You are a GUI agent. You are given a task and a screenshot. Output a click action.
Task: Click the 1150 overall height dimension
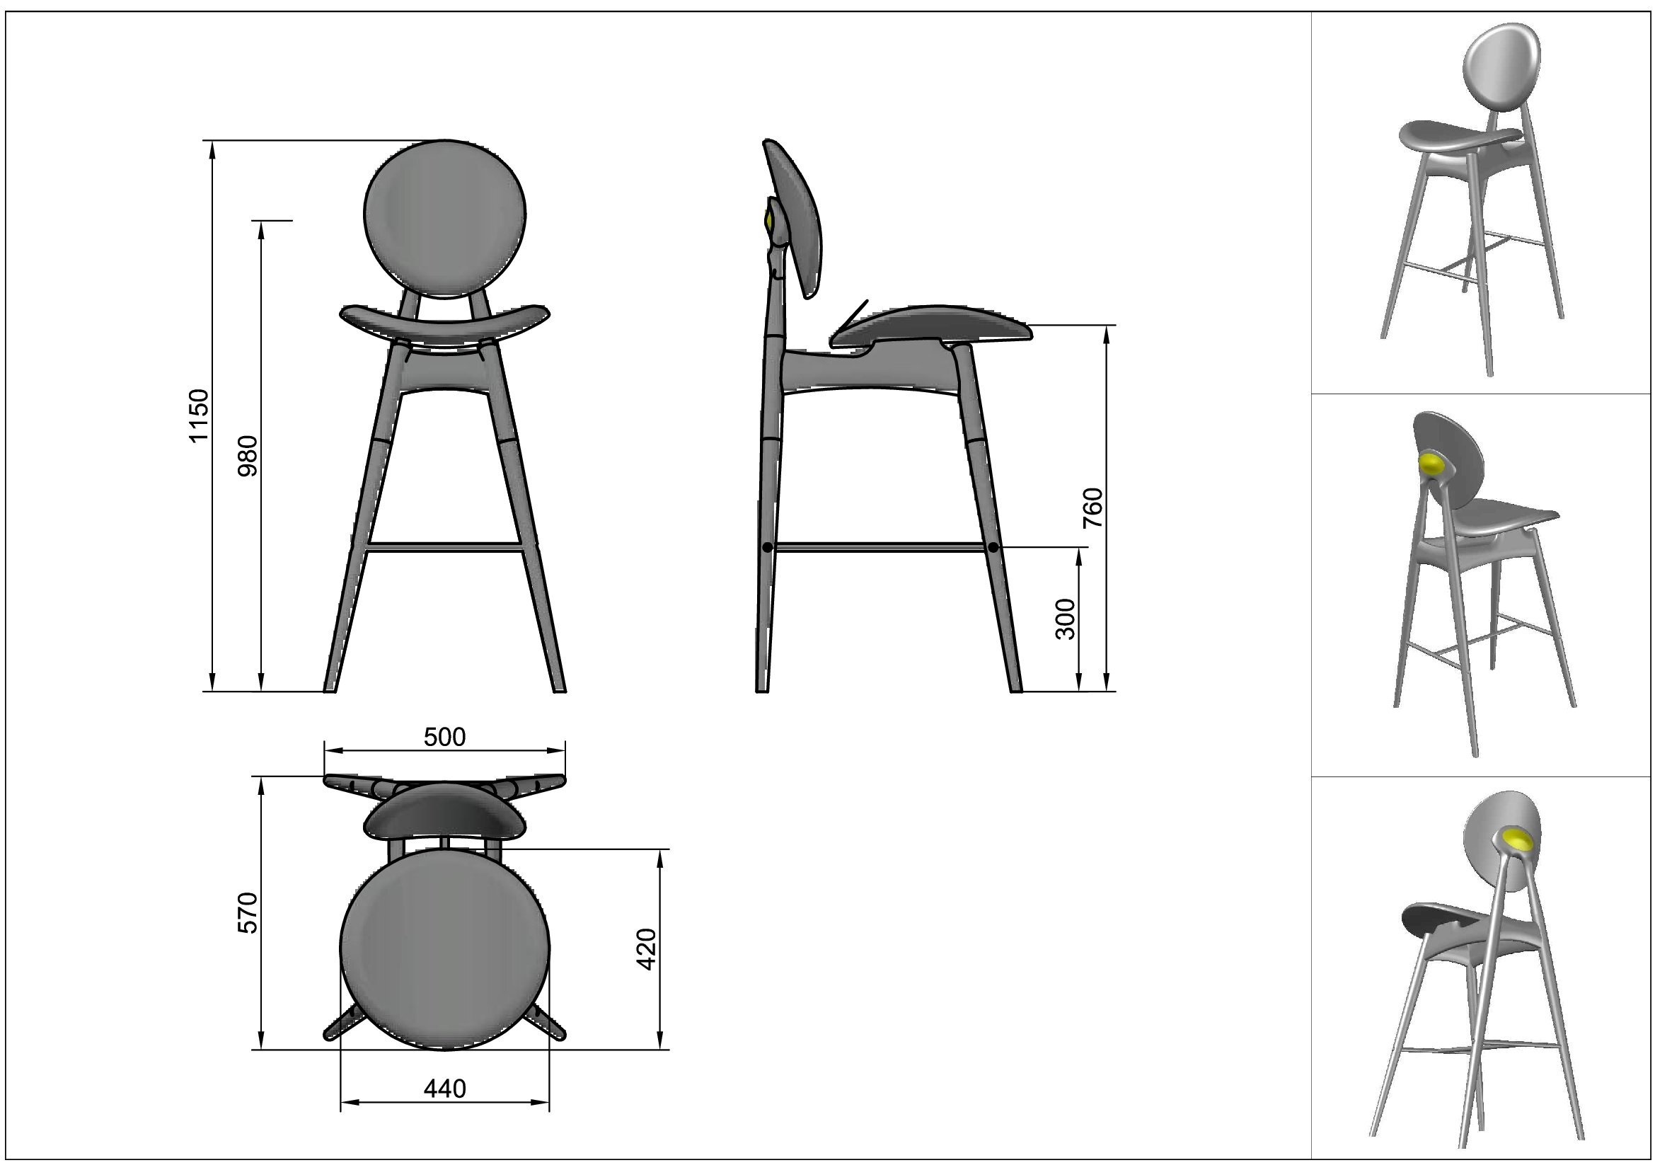(x=198, y=415)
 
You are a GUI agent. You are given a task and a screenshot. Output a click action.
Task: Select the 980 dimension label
(x=247, y=456)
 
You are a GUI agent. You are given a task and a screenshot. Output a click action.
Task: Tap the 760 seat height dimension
(x=1092, y=507)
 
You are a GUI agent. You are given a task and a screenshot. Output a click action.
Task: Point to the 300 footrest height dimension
(x=1065, y=619)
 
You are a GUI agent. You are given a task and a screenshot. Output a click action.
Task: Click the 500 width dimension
(x=445, y=737)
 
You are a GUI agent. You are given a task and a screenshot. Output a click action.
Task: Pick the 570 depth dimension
(x=247, y=912)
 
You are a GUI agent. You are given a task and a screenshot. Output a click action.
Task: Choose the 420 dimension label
(x=647, y=948)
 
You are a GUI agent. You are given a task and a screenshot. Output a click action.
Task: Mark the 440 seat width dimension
(x=445, y=1089)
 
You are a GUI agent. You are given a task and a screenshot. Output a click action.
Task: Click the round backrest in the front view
(x=445, y=219)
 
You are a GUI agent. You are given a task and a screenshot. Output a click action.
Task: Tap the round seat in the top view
(x=445, y=948)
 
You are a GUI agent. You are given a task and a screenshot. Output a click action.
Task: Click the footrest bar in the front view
(x=445, y=546)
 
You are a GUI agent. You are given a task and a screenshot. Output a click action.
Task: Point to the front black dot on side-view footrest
(x=993, y=548)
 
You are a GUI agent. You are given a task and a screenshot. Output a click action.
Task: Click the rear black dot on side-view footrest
(x=768, y=548)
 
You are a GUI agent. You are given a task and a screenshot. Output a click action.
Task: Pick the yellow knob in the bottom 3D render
(x=1518, y=838)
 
